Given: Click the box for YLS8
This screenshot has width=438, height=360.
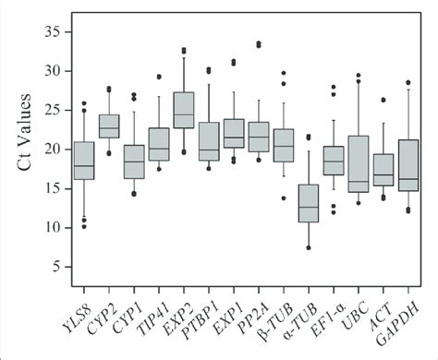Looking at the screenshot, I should coord(84,161).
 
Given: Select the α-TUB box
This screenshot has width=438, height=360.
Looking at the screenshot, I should coord(309,203).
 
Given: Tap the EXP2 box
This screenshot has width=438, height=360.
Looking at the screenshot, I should coord(184,111).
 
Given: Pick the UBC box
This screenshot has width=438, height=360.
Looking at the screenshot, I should coord(359,164).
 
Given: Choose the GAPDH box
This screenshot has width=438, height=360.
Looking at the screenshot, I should coord(408,165).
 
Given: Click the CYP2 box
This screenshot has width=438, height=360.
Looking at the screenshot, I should coord(109,126).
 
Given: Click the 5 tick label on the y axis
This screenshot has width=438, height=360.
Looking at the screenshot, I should coord(58,267).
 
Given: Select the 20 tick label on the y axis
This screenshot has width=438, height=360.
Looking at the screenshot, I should coord(55,150).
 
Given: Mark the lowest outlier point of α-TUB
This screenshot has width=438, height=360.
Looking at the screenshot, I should coord(309,247).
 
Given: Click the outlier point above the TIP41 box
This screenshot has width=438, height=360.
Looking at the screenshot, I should coord(159,77).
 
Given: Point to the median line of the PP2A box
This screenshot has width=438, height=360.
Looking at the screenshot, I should coord(259,137).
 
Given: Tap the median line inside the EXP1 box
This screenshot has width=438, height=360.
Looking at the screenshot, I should coord(234,138).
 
